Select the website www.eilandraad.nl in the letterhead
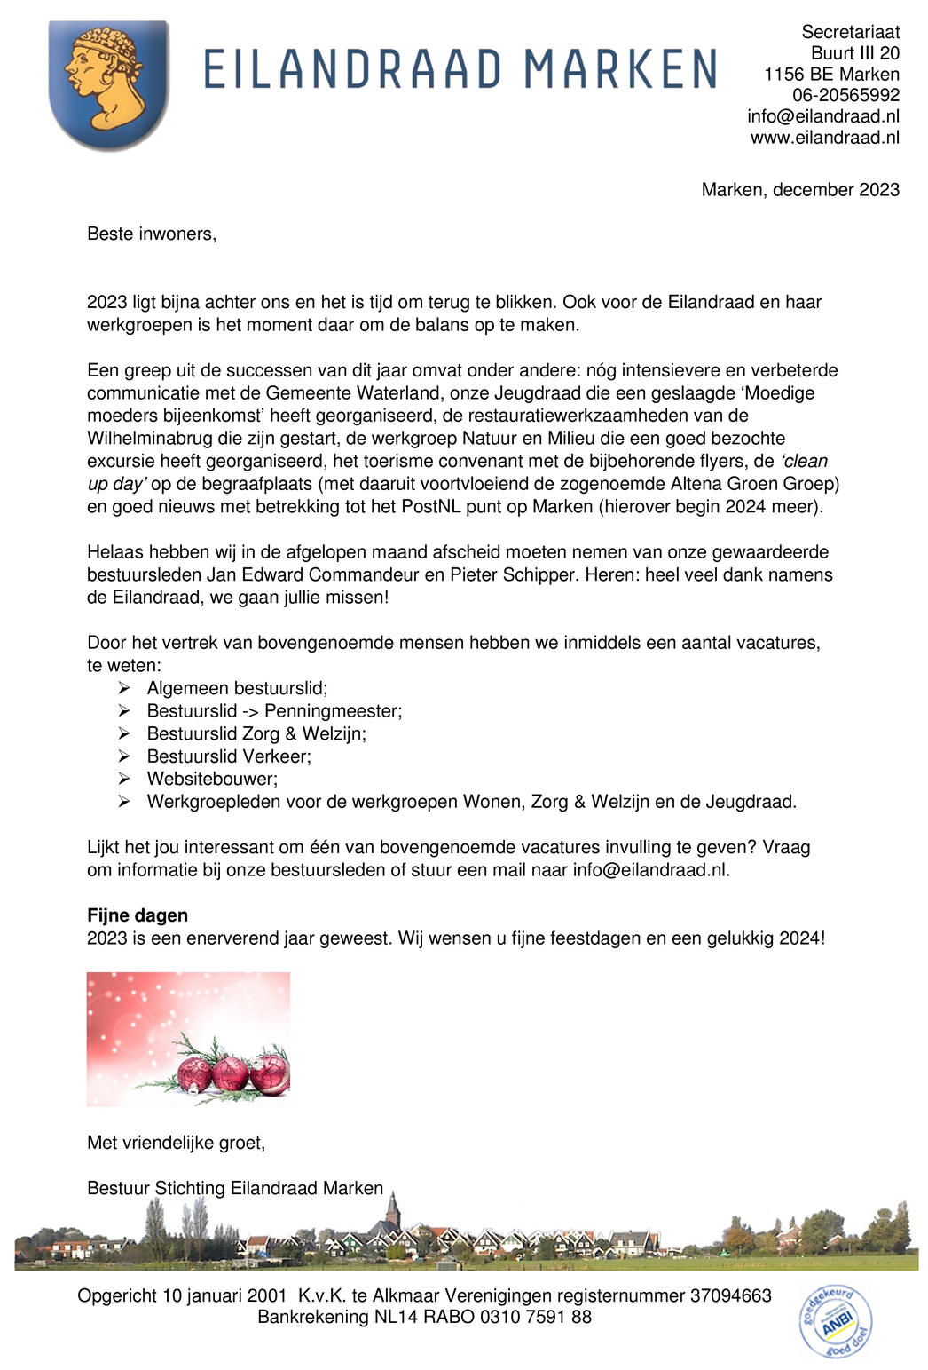click(824, 138)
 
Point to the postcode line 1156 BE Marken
click(831, 75)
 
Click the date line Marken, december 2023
click(799, 190)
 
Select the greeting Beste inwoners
click(152, 234)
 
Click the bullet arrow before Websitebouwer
click(125, 779)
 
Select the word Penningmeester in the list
click(332, 711)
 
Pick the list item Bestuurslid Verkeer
click(229, 756)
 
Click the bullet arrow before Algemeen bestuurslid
click(125, 688)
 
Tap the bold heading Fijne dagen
click(138, 915)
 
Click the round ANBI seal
click(836, 1321)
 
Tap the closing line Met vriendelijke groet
click(176, 1144)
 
